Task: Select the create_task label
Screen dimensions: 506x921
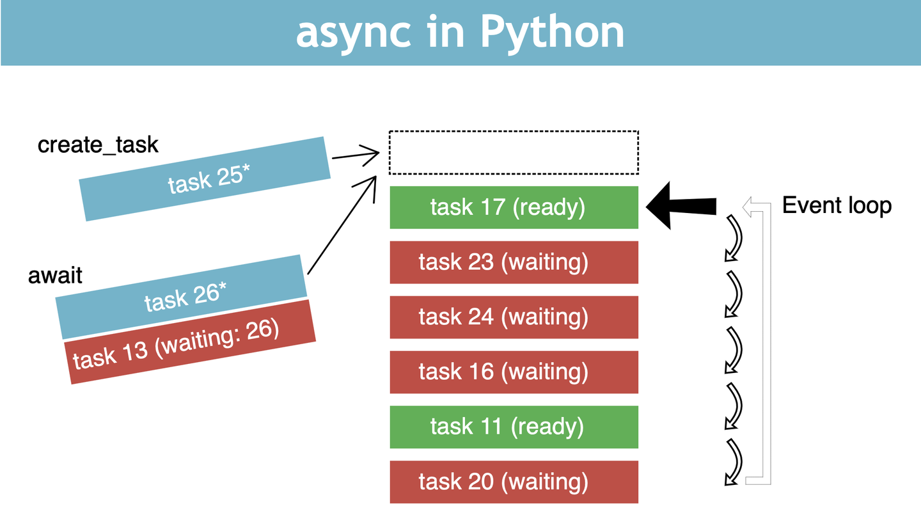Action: pos(98,145)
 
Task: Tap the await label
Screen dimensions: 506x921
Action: pos(56,275)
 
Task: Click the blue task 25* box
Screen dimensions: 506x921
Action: pos(205,179)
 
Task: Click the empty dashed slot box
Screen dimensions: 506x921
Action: pos(514,152)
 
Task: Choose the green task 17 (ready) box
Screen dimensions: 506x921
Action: pos(514,207)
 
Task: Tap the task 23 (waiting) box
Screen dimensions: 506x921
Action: pos(514,262)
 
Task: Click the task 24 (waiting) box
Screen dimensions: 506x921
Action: pos(514,317)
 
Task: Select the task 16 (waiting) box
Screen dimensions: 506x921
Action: pos(514,372)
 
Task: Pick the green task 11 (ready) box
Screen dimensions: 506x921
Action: pos(514,427)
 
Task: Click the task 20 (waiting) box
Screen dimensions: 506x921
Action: pos(514,482)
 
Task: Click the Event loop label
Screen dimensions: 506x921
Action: pos(837,205)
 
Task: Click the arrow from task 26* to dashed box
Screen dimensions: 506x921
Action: pos(341,224)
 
